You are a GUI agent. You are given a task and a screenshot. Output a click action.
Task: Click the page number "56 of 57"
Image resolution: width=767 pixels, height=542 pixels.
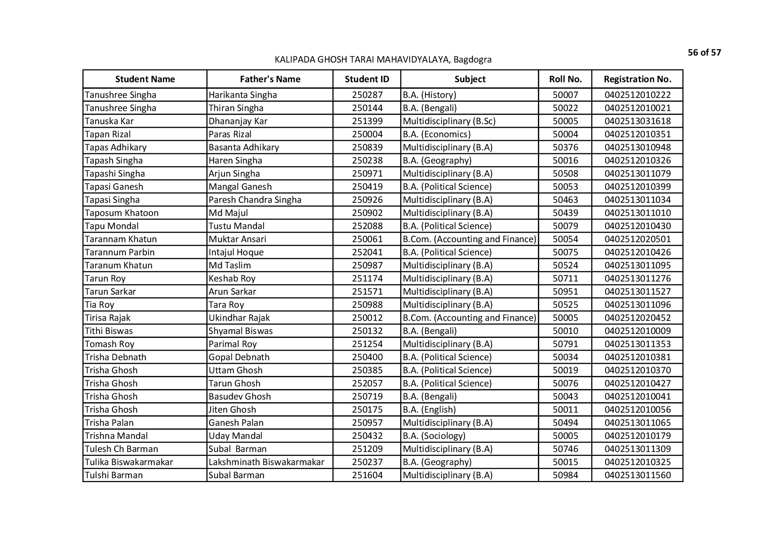(704, 53)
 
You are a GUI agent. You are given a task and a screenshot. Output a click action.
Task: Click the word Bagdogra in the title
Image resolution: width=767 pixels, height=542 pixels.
(472, 59)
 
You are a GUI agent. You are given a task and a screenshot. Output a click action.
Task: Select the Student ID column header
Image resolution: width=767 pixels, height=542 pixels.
(367, 79)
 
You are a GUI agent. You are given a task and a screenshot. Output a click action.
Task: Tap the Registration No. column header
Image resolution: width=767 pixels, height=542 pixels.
(637, 79)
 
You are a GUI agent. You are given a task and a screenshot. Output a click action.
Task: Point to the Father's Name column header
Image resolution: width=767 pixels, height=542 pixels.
(270, 79)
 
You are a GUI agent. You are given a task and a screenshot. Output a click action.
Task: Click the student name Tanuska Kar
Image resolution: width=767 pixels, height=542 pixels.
(109, 121)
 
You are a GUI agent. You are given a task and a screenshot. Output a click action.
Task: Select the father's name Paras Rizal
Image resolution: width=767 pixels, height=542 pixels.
(230, 134)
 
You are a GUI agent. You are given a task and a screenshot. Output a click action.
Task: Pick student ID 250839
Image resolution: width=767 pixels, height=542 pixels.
(367, 147)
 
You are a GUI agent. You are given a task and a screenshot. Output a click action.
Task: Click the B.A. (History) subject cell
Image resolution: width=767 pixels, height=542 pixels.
(429, 95)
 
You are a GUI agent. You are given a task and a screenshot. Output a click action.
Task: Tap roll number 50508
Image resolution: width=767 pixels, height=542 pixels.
(565, 174)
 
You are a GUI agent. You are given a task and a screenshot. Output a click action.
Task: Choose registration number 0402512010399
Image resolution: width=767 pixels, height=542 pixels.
(637, 187)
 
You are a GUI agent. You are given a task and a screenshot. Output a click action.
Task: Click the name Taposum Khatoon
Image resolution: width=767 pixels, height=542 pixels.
(122, 213)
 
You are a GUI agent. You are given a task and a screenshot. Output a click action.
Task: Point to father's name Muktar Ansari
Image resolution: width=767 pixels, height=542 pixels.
(237, 239)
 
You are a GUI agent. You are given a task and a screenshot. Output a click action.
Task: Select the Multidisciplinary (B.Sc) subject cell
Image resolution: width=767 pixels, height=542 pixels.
(449, 121)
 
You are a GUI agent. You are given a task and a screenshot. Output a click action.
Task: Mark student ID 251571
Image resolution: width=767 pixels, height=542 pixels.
(367, 292)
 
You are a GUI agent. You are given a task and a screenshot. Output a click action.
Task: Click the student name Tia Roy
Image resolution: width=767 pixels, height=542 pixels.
(100, 305)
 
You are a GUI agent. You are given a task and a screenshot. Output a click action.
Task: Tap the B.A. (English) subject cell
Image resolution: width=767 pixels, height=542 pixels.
(429, 410)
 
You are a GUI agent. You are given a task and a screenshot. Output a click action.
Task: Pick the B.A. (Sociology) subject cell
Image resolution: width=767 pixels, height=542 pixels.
(434, 436)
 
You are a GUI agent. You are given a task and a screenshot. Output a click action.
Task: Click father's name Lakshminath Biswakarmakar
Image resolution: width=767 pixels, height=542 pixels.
(266, 462)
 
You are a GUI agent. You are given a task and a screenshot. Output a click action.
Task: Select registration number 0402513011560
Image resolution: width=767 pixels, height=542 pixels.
(637, 475)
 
